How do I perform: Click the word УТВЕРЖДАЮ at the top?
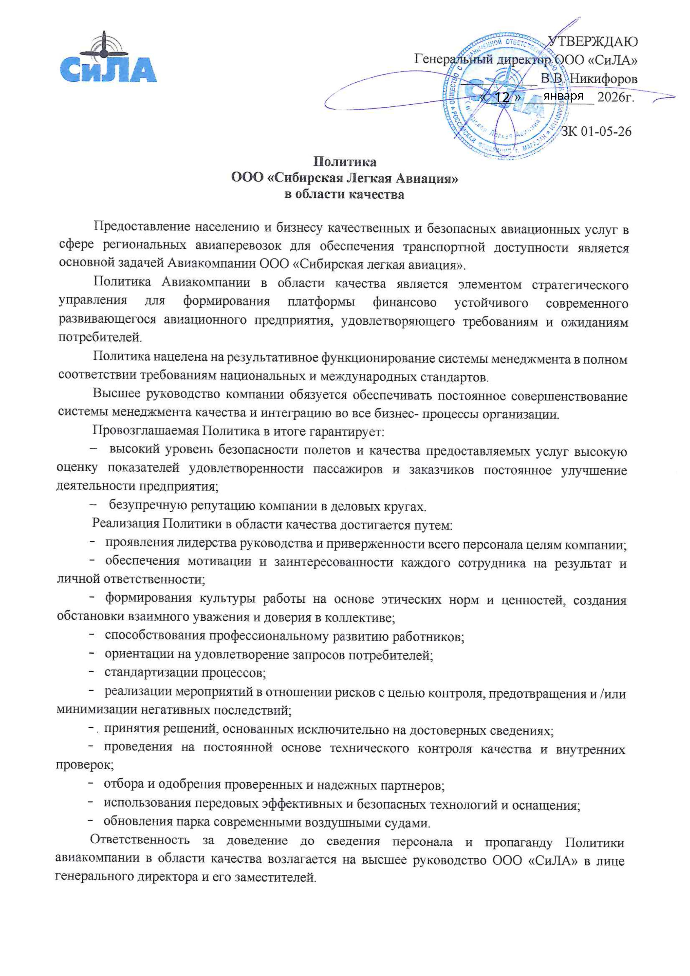(592, 42)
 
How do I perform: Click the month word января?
(563, 96)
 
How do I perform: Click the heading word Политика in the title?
(344, 162)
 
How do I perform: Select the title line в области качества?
(344, 195)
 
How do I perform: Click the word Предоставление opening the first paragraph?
(141, 227)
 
